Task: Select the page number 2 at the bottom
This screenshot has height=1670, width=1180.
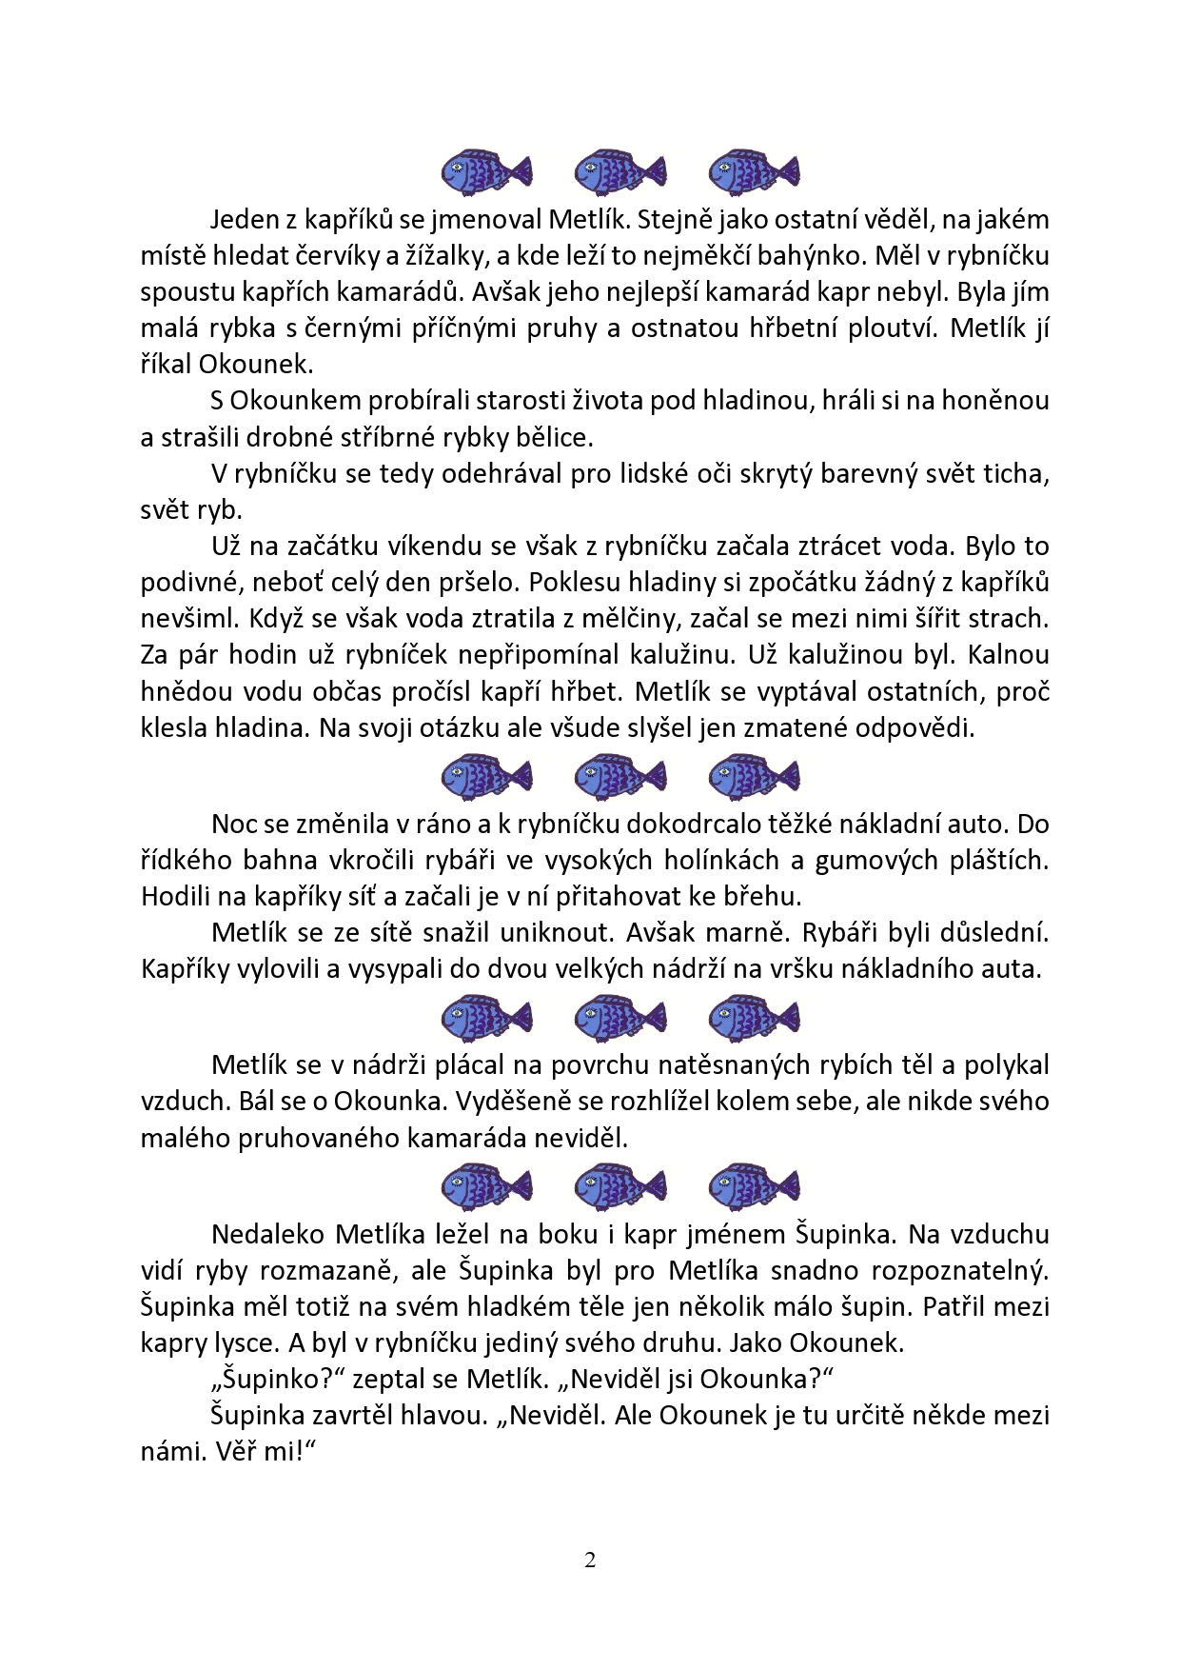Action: (x=590, y=1560)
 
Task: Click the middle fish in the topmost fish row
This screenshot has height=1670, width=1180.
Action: (x=619, y=172)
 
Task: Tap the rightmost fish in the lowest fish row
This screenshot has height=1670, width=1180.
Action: (x=754, y=1186)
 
